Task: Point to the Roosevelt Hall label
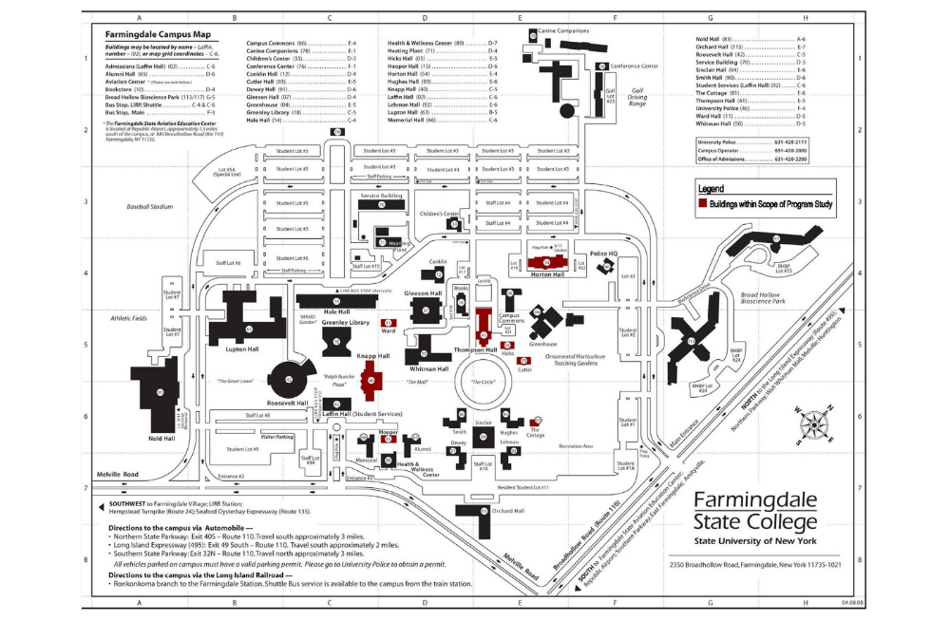click(289, 403)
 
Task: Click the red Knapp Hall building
click(371, 383)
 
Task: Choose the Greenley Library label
click(346, 323)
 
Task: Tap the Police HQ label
click(604, 254)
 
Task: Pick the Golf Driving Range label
click(643, 97)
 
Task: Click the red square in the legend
click(703, 202)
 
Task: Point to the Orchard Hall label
click(508, 511)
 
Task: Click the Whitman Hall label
click(429, 368)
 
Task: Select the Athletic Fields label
click(129, 318)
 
